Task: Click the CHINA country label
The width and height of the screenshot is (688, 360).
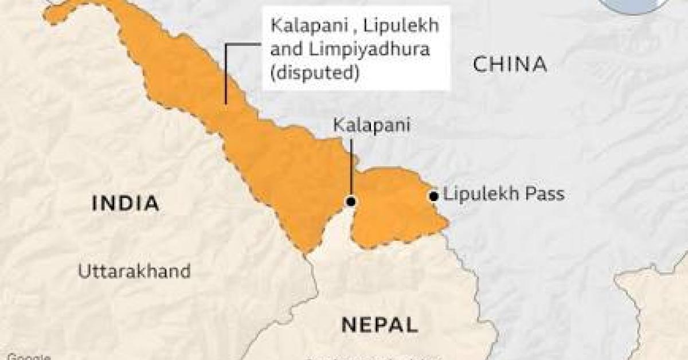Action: pyautogui.click(x=509, y=64)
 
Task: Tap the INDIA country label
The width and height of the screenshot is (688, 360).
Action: pyautogui.click(x=126, y=204)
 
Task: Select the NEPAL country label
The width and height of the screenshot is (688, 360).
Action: pyautogui.click(x=379, y=324)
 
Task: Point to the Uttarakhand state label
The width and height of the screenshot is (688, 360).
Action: pyautogui.click(x=135, y=271)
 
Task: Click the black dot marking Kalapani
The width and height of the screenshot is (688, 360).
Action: pyautogui.click(x=351, y=201)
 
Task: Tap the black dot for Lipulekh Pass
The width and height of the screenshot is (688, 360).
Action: pyautogui.click(x=433, y=196)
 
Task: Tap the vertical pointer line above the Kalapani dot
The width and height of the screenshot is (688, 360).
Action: pyautogui.click(x=351, y=166)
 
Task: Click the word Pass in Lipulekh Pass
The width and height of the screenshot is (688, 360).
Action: pyautogui.click(x=544, y=194)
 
